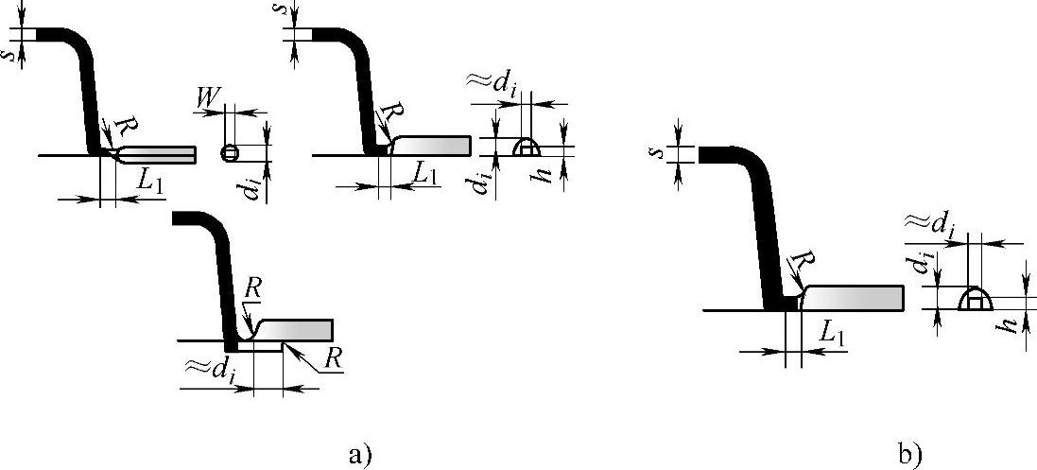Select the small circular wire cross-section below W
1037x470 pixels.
point(227,152)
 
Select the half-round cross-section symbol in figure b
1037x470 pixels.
point(974,301)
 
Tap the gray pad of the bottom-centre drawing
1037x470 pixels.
point(299,330)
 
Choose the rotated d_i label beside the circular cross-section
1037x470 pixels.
point(250,188)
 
